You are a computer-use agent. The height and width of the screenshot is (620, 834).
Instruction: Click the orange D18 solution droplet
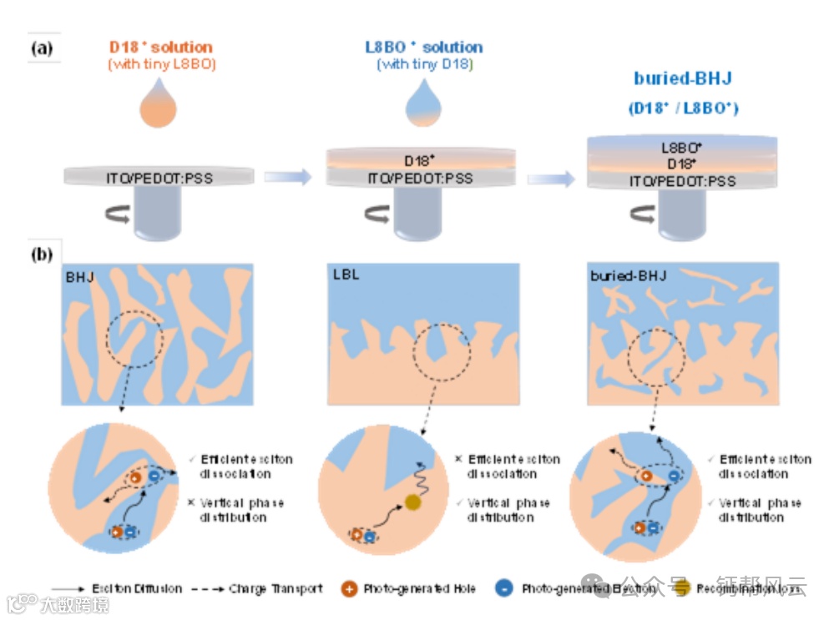[x=160, y=105]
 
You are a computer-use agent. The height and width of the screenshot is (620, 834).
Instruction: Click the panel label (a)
[x=41, y=48]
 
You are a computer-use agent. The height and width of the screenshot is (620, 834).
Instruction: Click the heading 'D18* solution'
[x=161, y=47]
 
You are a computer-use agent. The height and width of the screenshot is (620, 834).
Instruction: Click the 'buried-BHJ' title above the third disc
[x=682, y=79]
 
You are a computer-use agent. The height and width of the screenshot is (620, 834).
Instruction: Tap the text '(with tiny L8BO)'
[x=161, y=64]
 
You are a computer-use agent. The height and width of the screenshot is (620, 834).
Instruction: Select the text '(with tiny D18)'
[x=424, y=64]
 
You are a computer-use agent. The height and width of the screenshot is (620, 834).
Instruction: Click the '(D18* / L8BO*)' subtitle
[x=683, y=108]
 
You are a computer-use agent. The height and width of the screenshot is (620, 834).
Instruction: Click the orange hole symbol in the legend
[x=349, y=588]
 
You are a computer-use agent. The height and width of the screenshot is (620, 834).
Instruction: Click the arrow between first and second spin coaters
[x=288, y=176]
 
